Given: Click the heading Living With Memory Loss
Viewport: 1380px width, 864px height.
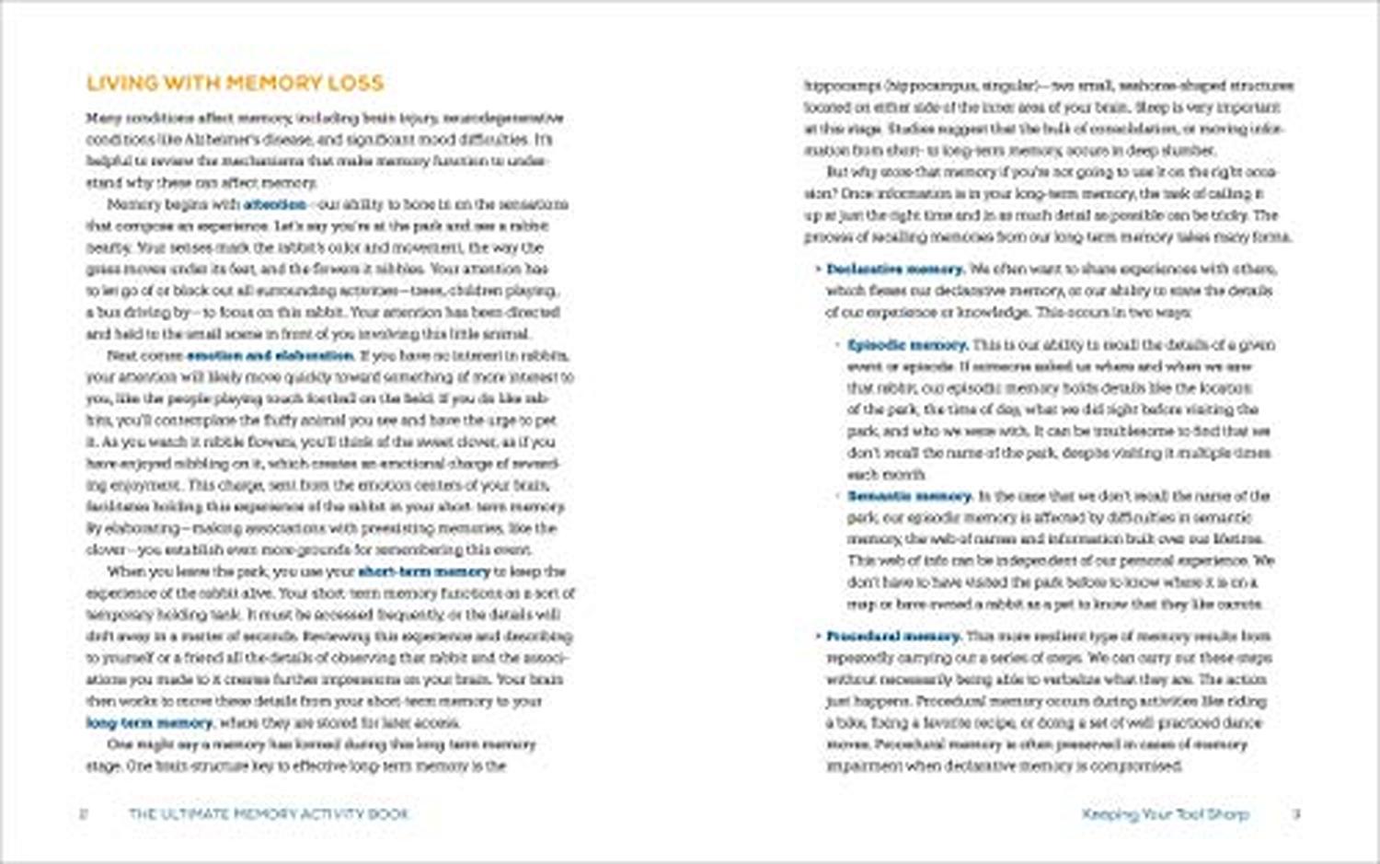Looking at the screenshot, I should [235, 83].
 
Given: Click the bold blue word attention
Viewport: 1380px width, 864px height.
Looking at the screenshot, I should [275, 204].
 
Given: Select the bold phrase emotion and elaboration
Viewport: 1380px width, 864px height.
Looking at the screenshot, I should [270, 355].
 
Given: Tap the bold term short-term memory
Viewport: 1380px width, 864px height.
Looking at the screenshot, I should [423, 571].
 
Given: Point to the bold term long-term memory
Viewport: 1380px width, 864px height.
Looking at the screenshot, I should [149, 723].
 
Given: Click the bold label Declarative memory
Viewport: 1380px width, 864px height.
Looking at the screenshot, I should [894, 269].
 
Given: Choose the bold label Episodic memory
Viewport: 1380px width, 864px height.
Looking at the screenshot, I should [907, 345].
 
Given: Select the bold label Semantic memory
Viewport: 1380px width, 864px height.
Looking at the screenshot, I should [909, 496].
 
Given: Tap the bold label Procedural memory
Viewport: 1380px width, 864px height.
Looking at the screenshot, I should [893, 636].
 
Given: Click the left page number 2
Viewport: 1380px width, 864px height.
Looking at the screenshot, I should [84, 813].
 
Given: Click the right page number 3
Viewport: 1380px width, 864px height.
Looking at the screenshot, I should [1296, 813].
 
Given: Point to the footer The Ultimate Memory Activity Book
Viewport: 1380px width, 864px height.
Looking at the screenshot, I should [268, 813].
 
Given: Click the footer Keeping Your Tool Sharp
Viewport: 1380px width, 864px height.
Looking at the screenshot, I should [1165, 813].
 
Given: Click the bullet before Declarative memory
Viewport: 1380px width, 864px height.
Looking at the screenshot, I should [818, 269].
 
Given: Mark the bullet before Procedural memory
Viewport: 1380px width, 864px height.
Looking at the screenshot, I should [818, 636].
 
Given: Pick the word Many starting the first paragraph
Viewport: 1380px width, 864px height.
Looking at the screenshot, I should [103, 118].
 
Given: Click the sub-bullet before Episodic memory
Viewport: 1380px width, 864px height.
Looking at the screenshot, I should [839, 345].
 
